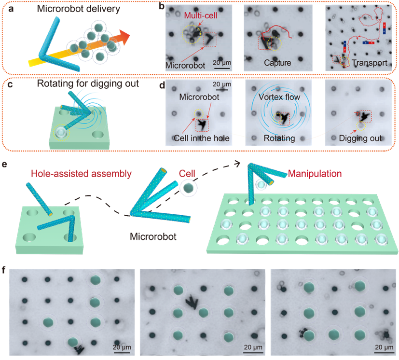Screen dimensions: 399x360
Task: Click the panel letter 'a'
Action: pos(11,9)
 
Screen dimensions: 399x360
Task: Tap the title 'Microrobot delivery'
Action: pos(78,9)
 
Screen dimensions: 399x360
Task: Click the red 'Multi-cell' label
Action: pos(201,15)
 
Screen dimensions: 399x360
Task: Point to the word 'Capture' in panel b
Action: pos(277,63)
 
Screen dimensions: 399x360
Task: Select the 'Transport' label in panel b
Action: pos(370,63)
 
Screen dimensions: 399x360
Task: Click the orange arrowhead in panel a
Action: pos(124,37)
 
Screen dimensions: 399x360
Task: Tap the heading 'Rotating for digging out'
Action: pos(88,83)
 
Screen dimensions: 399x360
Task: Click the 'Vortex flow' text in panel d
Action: pos(279,97)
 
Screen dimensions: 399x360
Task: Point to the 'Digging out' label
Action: pos(360,138)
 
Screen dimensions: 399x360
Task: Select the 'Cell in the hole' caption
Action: pos(202,138)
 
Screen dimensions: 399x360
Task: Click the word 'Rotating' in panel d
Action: pos(279,138)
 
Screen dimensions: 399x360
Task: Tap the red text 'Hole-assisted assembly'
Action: pos(81,174)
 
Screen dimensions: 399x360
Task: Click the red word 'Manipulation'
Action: pos(315,174)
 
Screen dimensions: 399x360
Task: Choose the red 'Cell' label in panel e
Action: pos(187,174)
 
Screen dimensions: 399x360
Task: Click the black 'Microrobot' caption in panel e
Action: pos(153,236)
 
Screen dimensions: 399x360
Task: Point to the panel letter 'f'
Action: pos(3,270)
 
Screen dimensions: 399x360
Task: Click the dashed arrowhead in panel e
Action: pos(237,164)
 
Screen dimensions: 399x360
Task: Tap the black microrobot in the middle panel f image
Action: pos(192,302)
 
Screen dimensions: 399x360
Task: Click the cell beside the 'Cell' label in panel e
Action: pos(189,188)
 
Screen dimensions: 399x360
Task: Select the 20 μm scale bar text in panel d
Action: pos(222,84)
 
